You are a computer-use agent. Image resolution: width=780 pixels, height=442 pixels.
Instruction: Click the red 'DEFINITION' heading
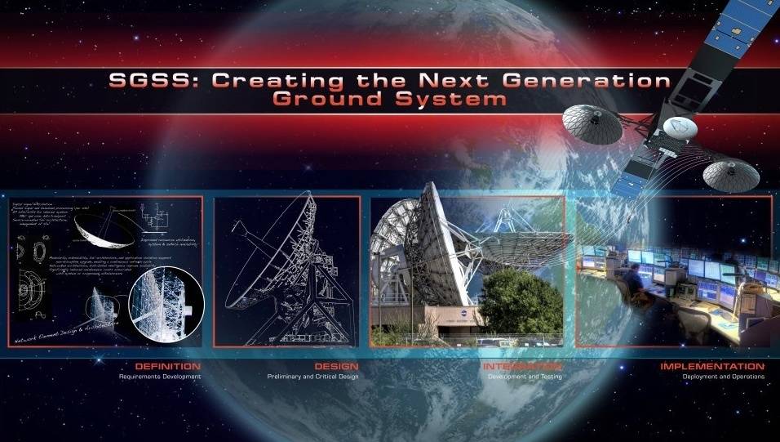168,367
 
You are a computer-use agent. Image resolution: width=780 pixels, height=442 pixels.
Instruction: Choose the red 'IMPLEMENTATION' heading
712,367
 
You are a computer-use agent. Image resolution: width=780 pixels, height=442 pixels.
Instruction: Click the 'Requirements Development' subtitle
160,377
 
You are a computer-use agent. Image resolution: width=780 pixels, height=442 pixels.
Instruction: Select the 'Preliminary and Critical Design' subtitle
313,377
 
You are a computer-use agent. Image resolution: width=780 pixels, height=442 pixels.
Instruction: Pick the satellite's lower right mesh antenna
731,173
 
